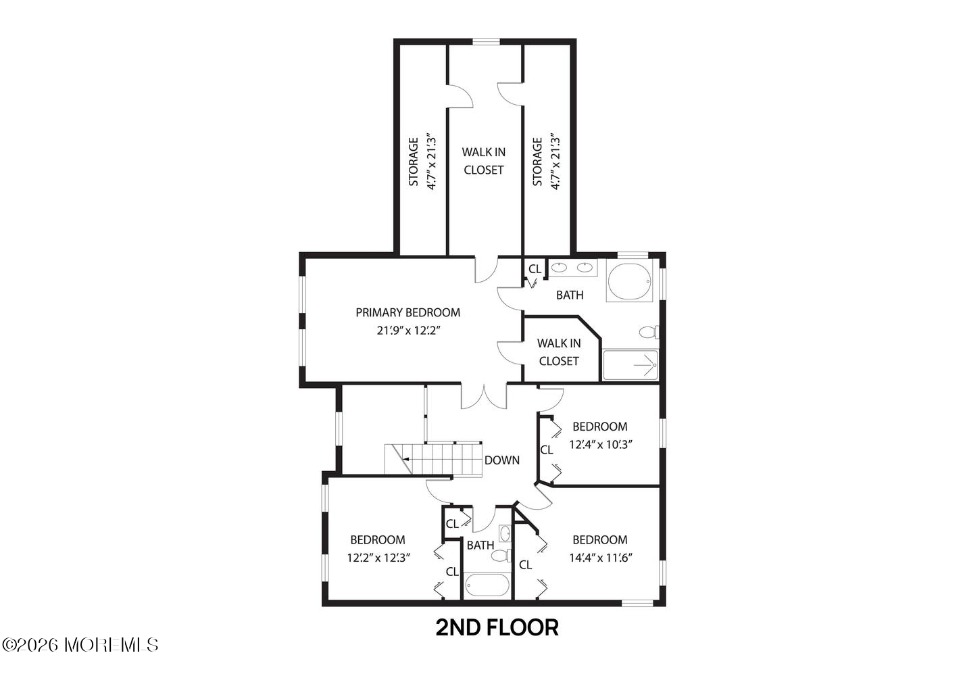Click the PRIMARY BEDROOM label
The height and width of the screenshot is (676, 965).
(407, 312)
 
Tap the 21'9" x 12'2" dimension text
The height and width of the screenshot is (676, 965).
(408, 331)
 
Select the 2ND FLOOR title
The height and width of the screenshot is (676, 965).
(497, 628)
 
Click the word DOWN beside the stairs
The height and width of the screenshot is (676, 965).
(502, 460)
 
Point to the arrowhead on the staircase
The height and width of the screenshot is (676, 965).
(405, 460)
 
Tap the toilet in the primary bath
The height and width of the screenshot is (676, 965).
(649, 332)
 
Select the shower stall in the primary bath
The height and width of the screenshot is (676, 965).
(630, 365)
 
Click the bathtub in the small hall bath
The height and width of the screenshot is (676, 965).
(487, 585)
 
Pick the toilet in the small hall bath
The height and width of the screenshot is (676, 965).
(501, 556)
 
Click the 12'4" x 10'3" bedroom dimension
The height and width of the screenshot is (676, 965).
(601, 444)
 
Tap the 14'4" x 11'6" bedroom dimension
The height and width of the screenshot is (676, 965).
(601, 558)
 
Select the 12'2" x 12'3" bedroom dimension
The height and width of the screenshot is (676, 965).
(378, 558)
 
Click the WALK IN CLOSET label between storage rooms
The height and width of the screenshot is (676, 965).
(483, 161)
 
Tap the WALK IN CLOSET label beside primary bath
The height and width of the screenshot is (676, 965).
(559, 352)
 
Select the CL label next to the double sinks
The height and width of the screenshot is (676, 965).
(535, 269)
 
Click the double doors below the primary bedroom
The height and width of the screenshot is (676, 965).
(484, 397)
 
